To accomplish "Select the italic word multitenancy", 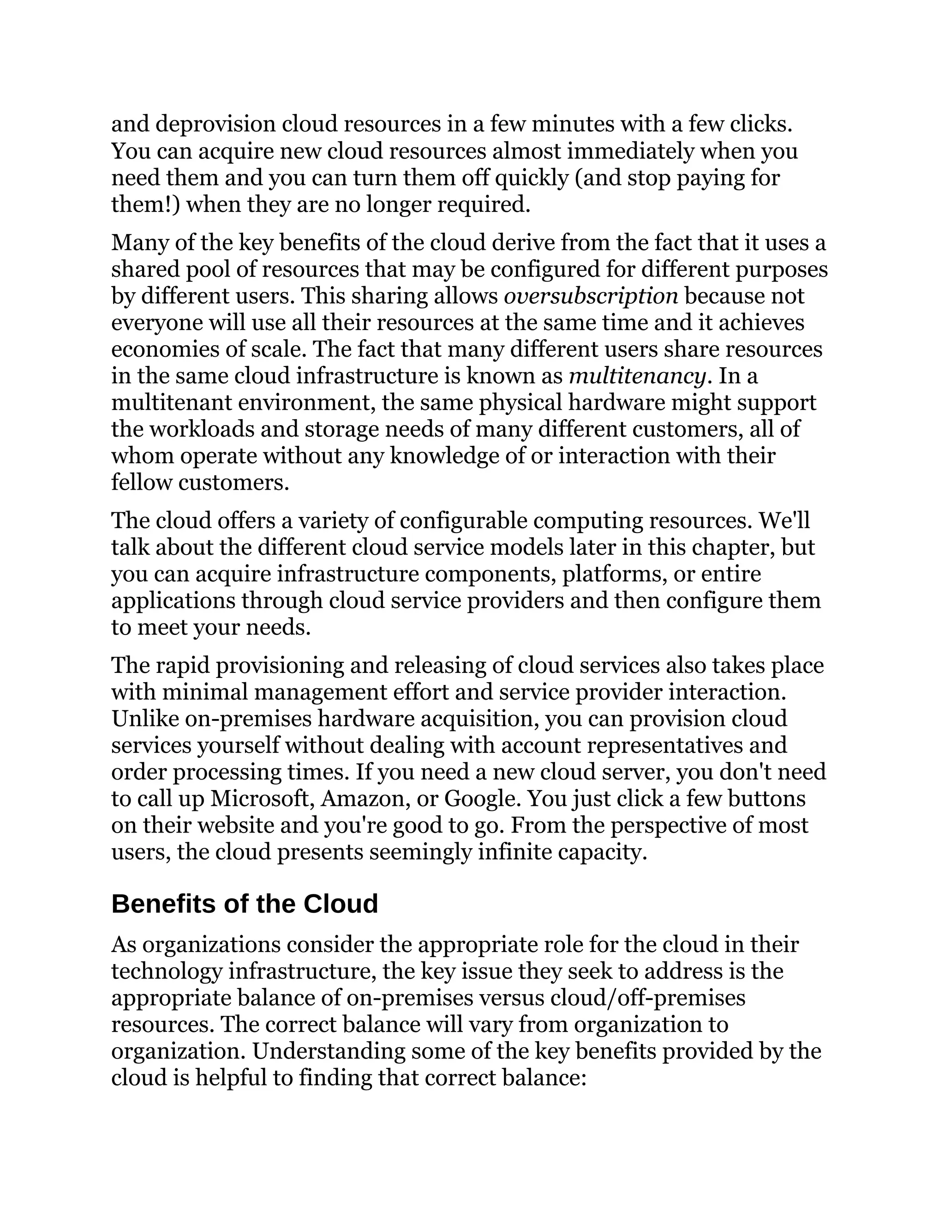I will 636,376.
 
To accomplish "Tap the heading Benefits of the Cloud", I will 245,904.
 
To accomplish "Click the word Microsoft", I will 262,798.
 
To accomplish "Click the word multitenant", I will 171,402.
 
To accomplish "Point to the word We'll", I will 784,521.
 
